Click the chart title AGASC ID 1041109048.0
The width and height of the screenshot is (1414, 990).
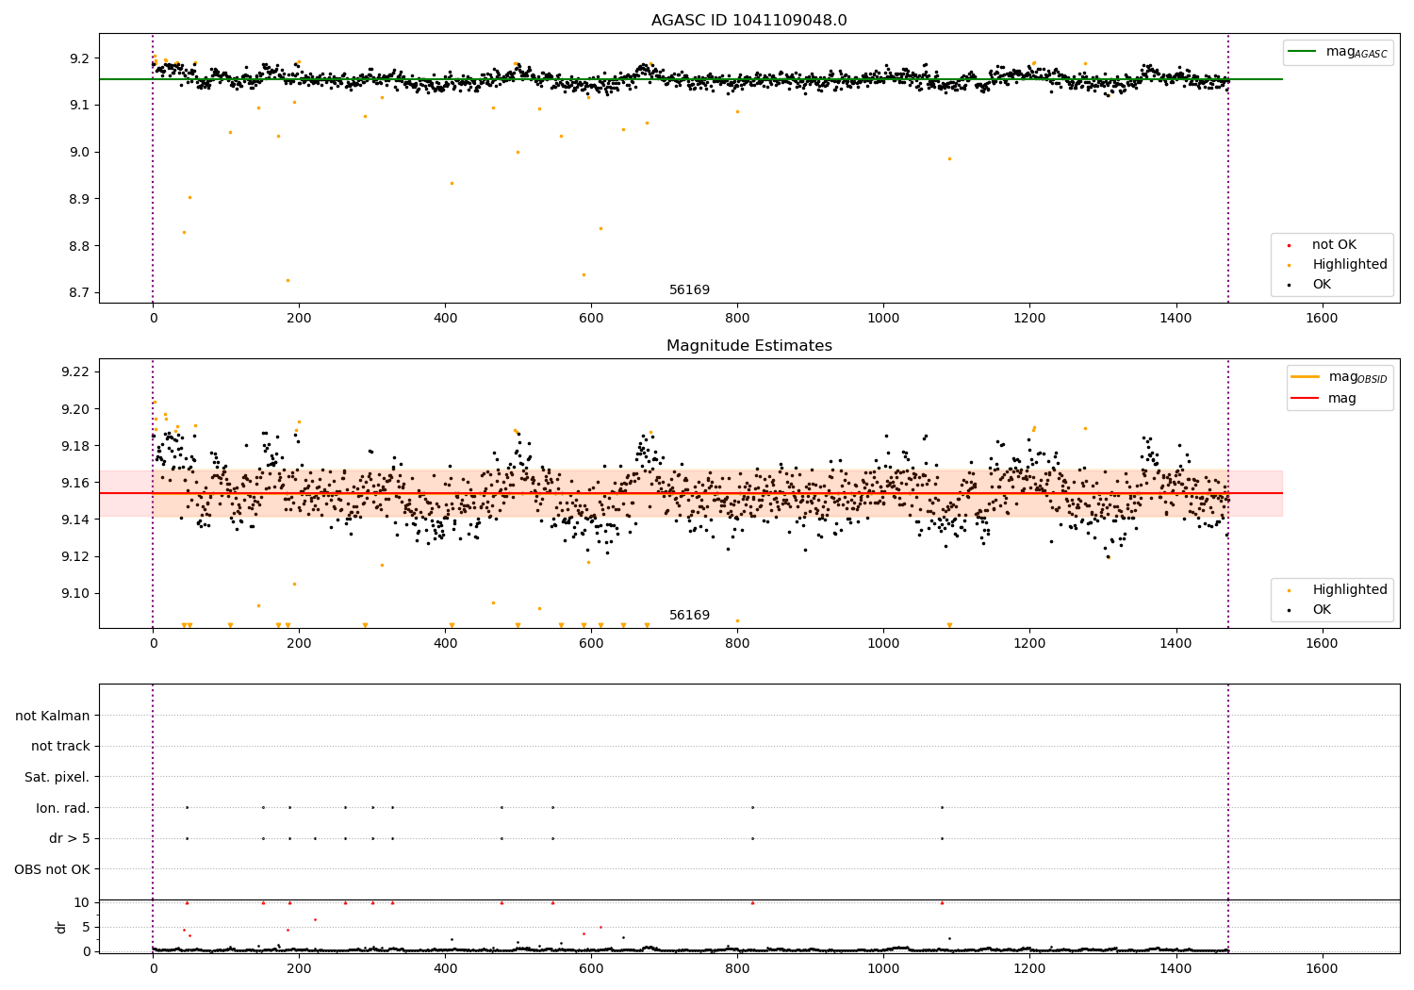[748, 21]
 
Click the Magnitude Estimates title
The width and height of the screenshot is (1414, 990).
[748, 346]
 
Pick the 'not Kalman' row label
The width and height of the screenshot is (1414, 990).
[53, 716]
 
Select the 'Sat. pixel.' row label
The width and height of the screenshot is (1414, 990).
[57, 778]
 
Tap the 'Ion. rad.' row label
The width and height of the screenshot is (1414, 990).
[62, 808]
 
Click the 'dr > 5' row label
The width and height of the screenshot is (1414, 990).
[69, 838]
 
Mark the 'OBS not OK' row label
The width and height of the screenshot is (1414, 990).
[52, 869]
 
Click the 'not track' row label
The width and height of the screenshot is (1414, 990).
[60, 747]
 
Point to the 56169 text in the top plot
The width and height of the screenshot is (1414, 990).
[689, 290]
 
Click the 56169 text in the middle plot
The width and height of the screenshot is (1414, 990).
[689, 616]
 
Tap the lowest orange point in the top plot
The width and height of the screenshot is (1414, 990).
[288, 280]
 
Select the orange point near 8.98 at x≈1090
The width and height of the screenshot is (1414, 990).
[949, 158]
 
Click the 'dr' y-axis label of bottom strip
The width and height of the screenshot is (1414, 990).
[61, 927]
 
